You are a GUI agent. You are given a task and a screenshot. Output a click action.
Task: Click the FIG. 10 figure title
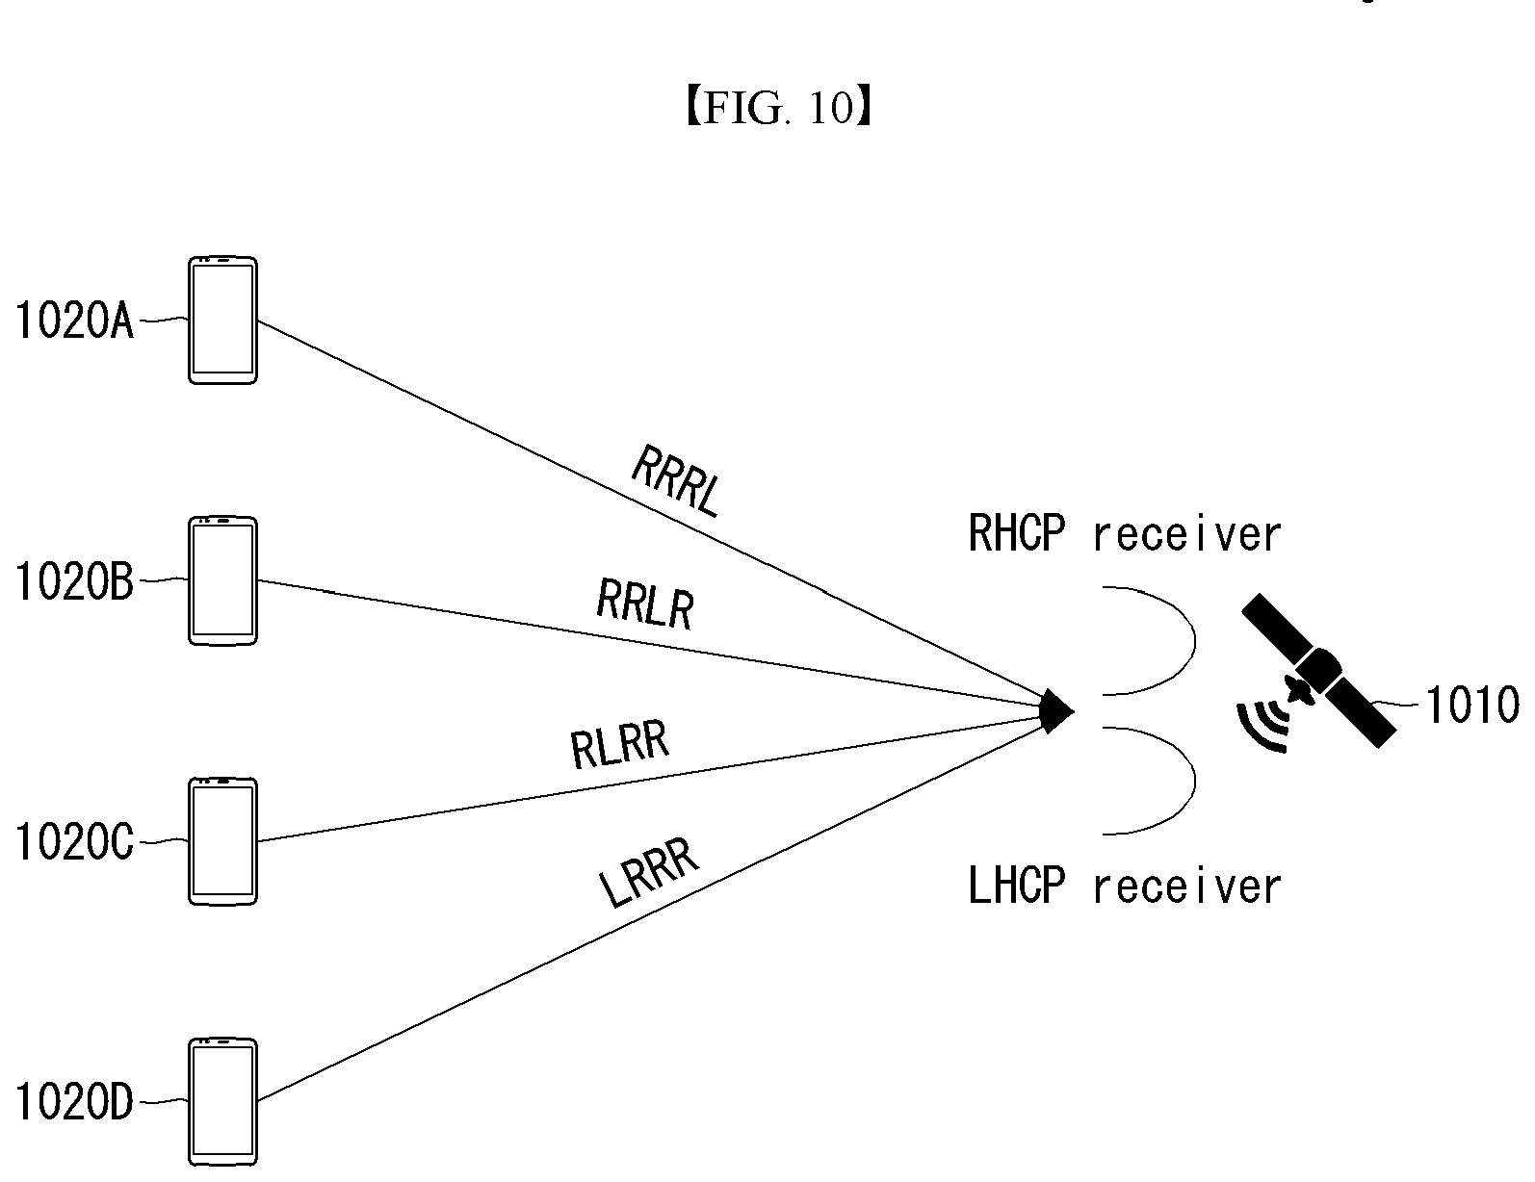click(780, 108)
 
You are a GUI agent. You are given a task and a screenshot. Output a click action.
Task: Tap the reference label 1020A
click(74, 321)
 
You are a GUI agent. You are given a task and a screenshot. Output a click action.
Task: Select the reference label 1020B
click(74, 581)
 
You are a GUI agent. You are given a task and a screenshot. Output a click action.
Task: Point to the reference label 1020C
click(74, 841)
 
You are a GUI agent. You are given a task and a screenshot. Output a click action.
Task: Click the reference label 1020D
click(74, 1102)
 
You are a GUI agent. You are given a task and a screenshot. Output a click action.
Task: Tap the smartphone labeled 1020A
click(222, 321)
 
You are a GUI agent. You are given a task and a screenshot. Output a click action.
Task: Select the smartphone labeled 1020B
click(222, 581)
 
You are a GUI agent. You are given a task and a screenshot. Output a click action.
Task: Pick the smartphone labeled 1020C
click(222, 841)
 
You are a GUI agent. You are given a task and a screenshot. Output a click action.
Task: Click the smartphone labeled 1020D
click(222, 1102)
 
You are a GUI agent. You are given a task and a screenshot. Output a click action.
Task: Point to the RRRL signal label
click(676, 481)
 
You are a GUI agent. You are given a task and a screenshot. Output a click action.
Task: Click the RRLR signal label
click(645, 604)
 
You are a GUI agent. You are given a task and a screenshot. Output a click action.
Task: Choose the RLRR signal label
click(619, 744)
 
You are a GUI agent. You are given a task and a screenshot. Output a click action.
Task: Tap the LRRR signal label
click(648, 873)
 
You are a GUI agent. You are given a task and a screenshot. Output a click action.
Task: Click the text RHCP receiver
click(1124, 534)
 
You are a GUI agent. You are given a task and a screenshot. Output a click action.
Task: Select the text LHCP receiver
click(1124, 886)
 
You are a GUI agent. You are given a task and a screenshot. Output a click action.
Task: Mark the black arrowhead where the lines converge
click(1056, 711)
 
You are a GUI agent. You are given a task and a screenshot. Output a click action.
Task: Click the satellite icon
click(1318, 670)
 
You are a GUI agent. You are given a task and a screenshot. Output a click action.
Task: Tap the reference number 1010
click(1472, 705)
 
